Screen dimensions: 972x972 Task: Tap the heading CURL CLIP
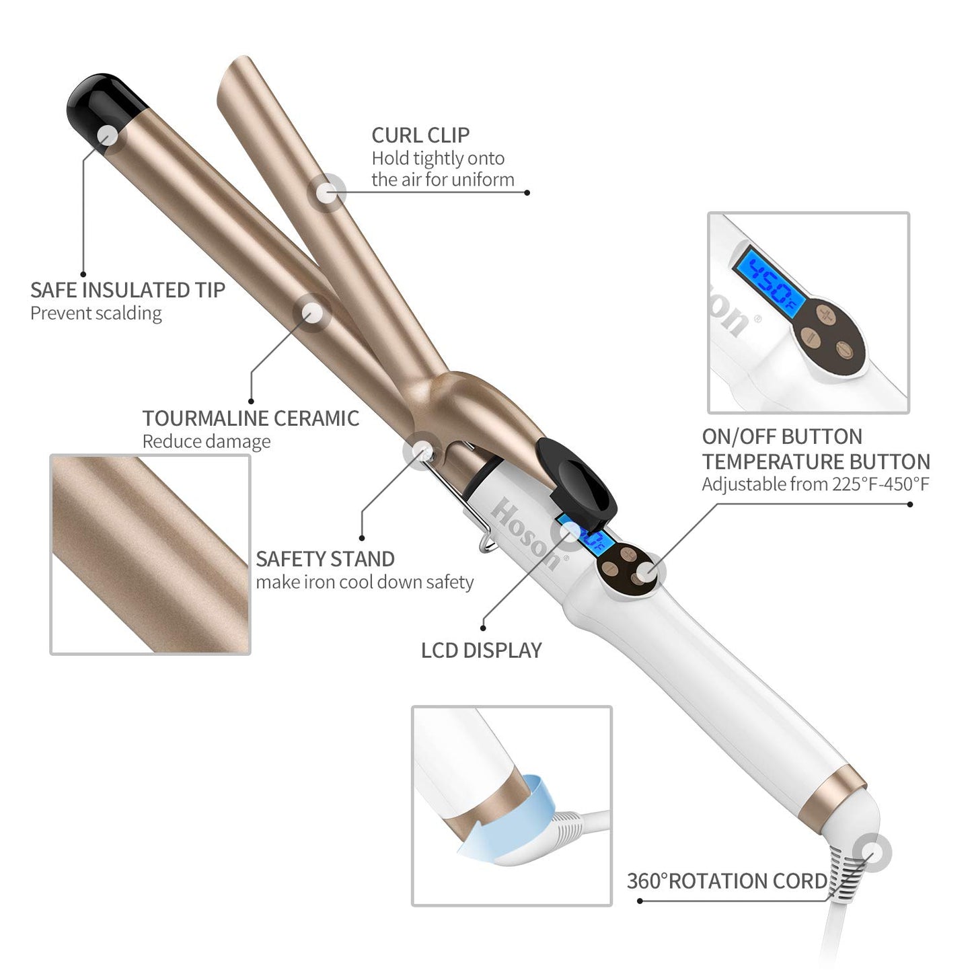tap(420, 135)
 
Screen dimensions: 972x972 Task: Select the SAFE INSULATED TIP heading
tap(128, 290)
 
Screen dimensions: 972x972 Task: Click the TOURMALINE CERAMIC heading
tap(250, 418)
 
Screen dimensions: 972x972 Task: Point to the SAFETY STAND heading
tap(325, 559)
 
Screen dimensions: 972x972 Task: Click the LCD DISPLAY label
tap(481, 650)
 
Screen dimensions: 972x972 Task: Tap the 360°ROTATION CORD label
tap(726, 881)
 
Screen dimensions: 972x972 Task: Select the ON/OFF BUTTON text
tap(782, 437)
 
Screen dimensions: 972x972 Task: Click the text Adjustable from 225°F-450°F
tap(815, 484)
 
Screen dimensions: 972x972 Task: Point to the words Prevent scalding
tap(96, 313)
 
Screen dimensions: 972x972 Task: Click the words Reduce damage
tap(207, 442)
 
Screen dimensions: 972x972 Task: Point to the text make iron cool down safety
tap(365, 583)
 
